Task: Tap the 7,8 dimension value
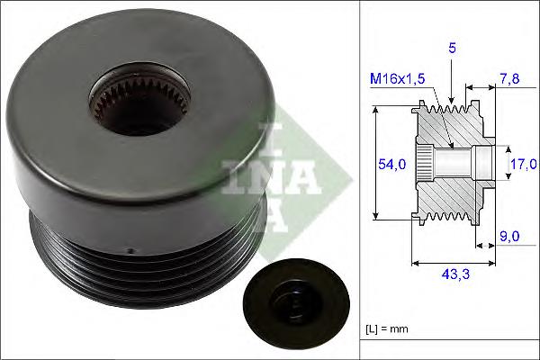tap(509, 81)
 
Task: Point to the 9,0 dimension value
tap(509, 237)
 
